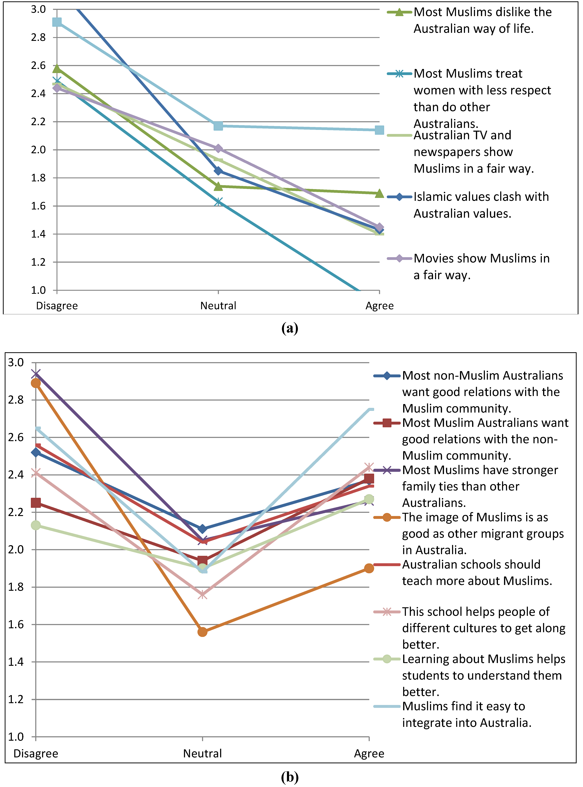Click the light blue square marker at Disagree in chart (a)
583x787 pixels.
pyautogui.click(x=57, y=22)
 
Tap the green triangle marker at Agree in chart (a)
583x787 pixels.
pyautogui.click(x=379, y=193)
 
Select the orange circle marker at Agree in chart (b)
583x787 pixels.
pyautogui.click(x=369, y=568)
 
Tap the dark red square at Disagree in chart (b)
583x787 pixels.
pyautogui.click(x=36, y=502)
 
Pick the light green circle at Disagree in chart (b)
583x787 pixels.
pyautogui.click(x=36, y=525)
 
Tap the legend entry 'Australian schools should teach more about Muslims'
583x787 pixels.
pyautogui.click(x=476, y=572)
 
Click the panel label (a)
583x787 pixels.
pyautogui.click(x=290, y=328)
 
